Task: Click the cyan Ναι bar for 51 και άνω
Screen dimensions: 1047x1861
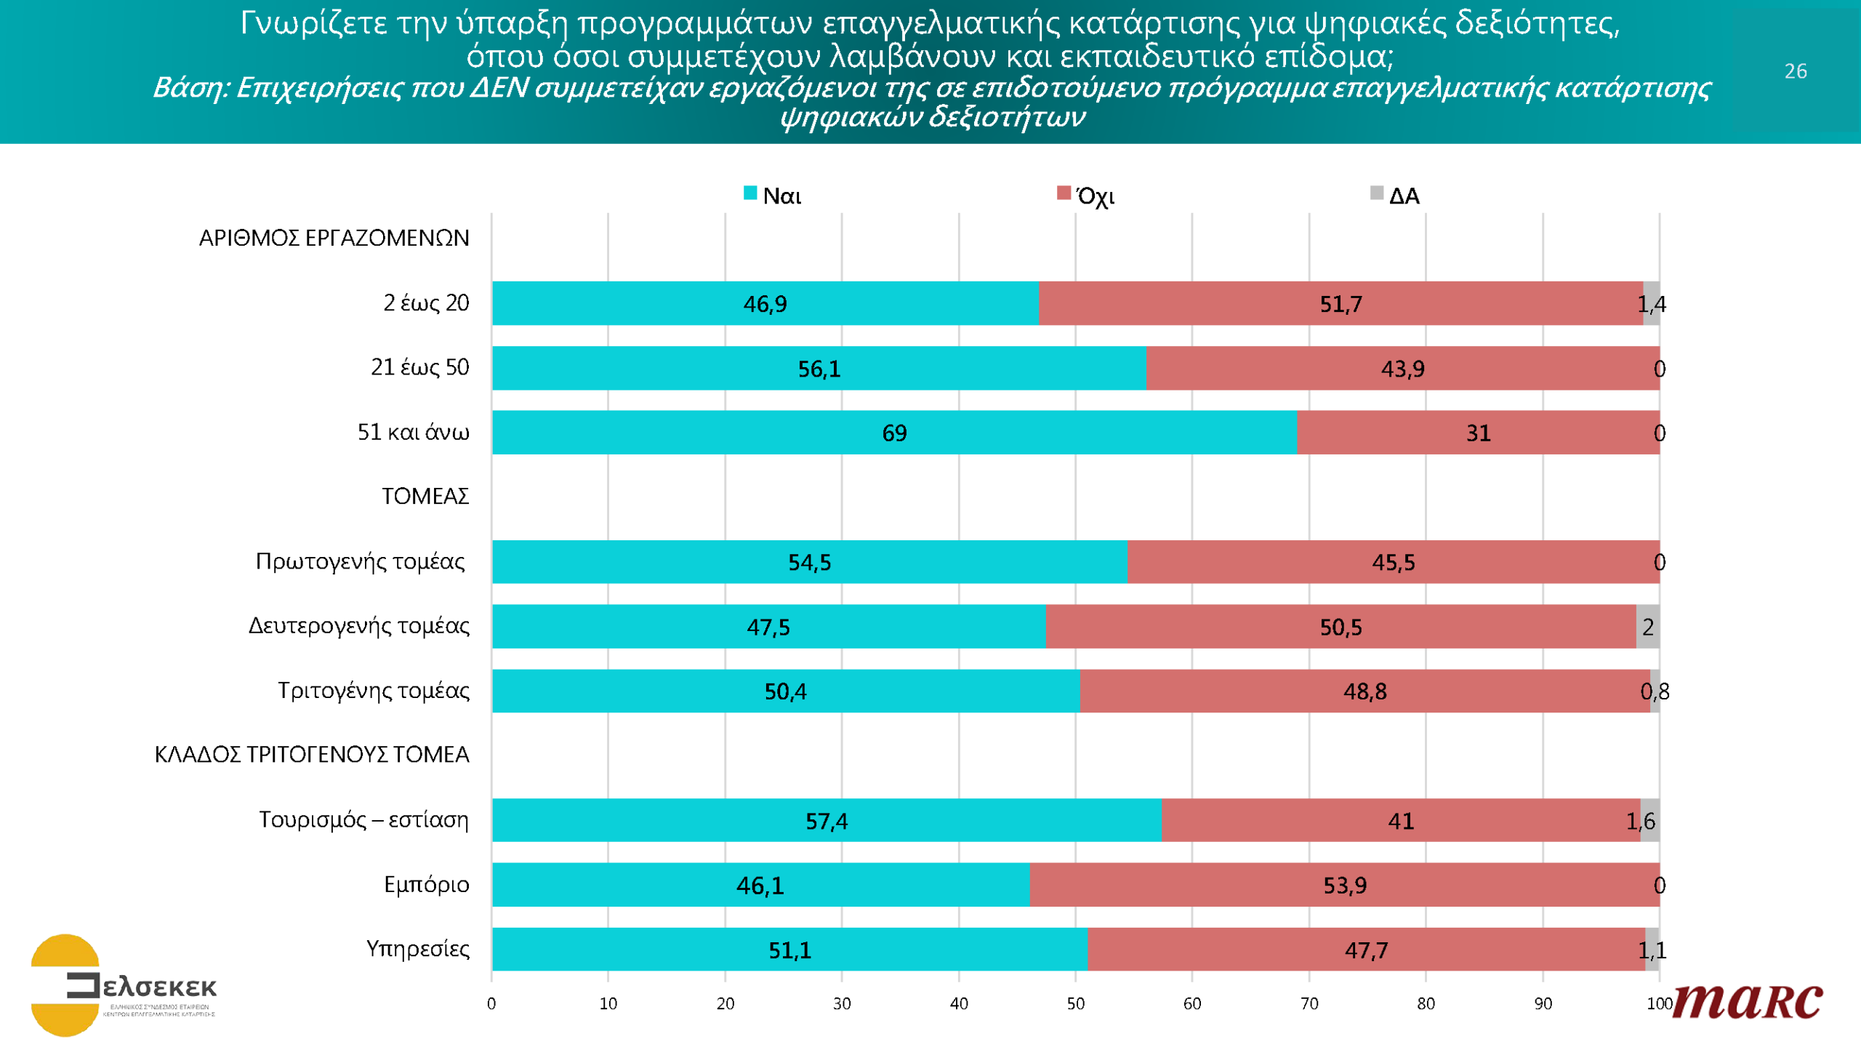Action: pos(727,433)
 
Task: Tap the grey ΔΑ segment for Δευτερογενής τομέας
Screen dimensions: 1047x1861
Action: pos(1647,627)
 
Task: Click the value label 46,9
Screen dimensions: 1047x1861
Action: pos(765,304)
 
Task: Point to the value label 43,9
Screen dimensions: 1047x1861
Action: pos(1402,369)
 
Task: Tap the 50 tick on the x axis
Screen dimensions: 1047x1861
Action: pos(1075,1004)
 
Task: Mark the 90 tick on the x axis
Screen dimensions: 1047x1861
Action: pos(1543,1004)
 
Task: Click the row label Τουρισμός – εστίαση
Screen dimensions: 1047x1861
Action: pos(363,820)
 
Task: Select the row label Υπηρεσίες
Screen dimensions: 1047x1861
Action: pos(417,949)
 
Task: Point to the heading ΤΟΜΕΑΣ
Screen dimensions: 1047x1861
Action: pos(425,497)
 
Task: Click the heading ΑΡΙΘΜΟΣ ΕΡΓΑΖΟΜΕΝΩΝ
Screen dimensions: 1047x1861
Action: pos(334,238)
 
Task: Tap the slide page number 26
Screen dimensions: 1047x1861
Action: pos(1796,71)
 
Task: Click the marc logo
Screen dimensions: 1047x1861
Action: pos(1748,1002)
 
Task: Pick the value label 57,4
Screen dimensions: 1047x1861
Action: pos(826,822)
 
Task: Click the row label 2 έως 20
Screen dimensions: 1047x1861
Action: pos(426,303)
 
